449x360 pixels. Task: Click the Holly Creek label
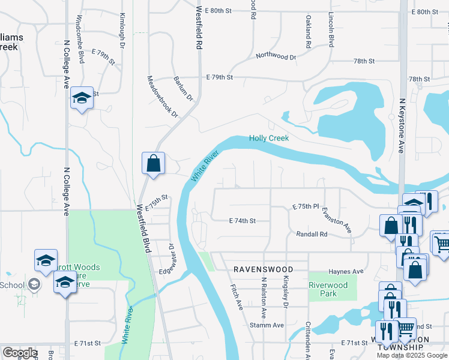point(269,139)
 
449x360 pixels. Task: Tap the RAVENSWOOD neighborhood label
point(263,270)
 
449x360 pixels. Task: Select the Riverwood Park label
point(328,290)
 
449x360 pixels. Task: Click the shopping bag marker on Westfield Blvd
point(153,163)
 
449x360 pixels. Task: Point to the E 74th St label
point(243,221)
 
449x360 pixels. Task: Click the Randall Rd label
point(312,234)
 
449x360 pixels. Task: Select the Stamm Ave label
point(270,325)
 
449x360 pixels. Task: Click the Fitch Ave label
point(236,297)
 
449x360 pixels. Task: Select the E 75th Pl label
point(306,206)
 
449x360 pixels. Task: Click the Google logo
point(20,353)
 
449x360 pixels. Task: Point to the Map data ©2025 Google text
point(412,355)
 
